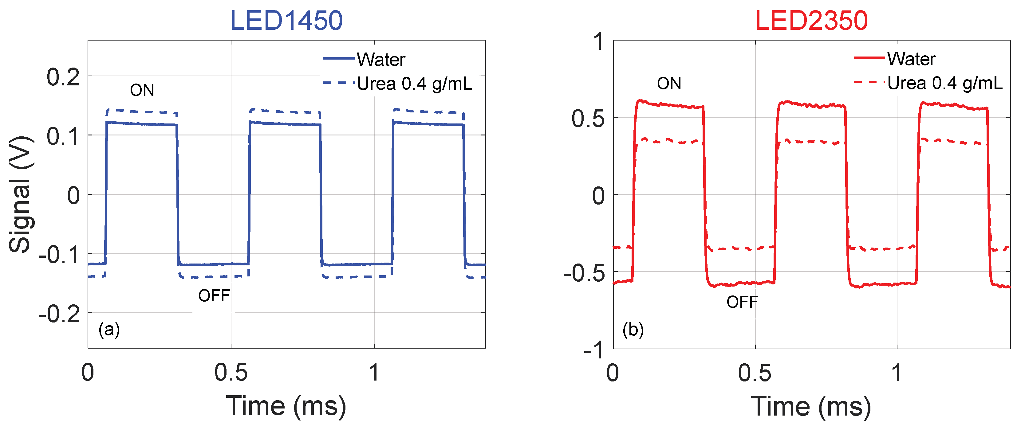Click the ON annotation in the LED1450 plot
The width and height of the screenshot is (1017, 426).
142,90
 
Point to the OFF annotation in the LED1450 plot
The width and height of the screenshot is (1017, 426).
214,295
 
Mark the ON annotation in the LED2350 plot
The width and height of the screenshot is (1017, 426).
669,84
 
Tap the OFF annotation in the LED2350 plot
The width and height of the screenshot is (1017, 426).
742,302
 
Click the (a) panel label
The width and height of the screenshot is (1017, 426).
109,329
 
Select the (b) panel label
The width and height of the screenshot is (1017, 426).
633,329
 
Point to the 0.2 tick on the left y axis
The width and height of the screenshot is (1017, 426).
63,77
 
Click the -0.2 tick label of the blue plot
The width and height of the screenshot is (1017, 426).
60,315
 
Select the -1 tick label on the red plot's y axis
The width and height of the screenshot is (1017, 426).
594,350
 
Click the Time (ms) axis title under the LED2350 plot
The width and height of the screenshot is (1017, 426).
811,406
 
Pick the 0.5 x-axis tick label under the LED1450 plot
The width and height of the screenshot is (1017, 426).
231,373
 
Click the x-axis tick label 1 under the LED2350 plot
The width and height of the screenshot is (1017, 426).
897,373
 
